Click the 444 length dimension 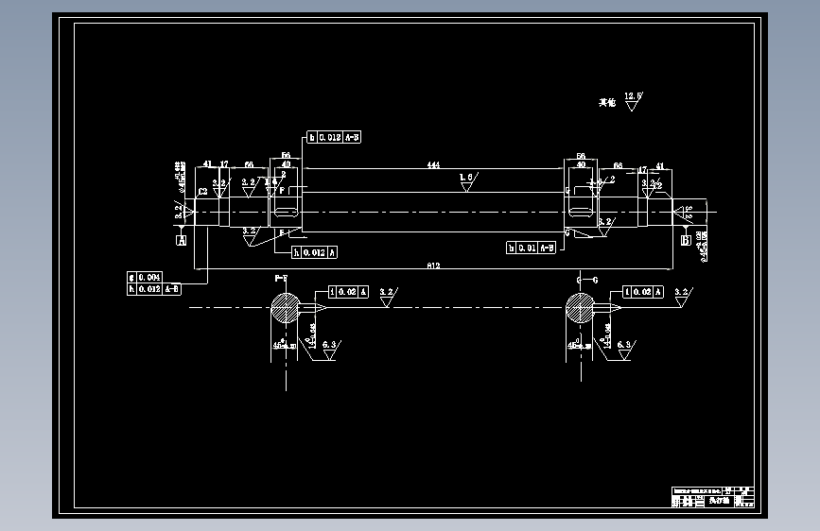tap(433, 165)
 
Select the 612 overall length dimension tap(433, 266)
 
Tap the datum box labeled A tap(181, 240)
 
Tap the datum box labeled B tap(686, 241)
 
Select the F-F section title tap(281, 280)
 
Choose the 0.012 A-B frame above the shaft tap(334, 137)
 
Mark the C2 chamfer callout tap(202, 191)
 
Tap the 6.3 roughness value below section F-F tap(330, 346)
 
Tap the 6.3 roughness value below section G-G tap(623, 346)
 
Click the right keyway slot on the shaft tap(581, 202)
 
